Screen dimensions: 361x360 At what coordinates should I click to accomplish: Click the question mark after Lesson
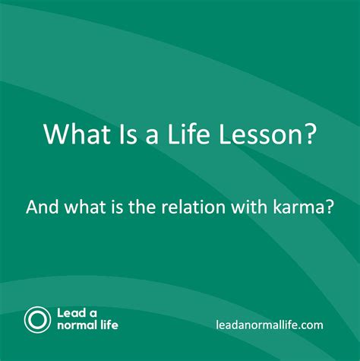click(x=307, y=135)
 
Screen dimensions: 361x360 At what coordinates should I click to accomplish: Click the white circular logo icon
click(x=36, y=318)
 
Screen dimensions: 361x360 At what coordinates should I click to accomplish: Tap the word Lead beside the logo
click(x=71, y=312)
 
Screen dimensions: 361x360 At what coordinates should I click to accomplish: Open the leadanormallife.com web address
click(x=269, y=325)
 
